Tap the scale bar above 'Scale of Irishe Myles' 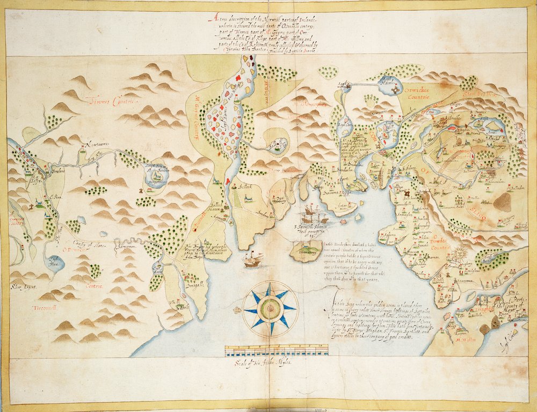(276, 350)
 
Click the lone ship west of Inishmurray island (252, 261)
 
